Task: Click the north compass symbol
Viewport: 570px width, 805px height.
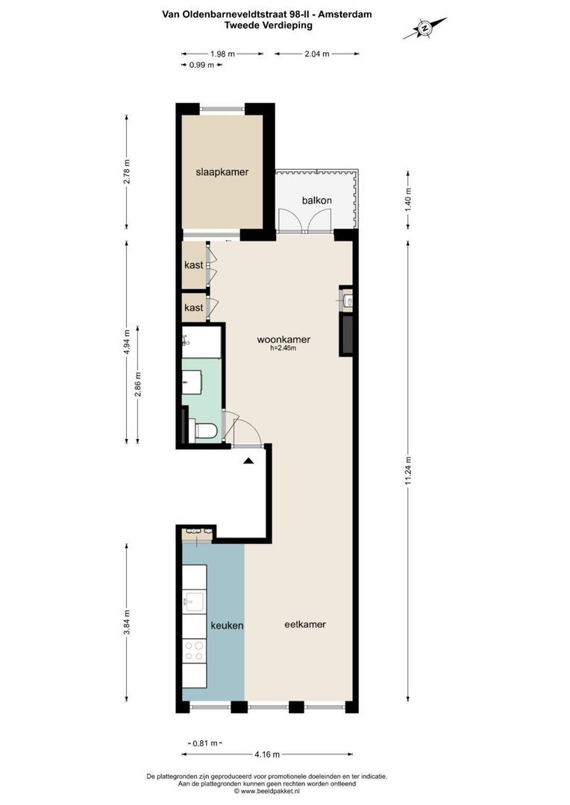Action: click(425, 28)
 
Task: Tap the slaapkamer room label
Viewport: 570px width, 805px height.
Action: click(222, 172)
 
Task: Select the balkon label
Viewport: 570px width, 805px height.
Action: click(316, 201)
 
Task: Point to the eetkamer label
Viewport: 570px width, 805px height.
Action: click(305, 625)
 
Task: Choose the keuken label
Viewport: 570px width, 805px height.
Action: click(227, 626)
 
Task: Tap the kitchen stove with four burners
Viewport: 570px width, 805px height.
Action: click(194, 651)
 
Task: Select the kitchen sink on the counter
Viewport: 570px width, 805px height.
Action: click(193, 601)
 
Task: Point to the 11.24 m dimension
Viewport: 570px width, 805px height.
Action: click(407, 471)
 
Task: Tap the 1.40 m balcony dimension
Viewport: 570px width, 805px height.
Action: click(407, 200)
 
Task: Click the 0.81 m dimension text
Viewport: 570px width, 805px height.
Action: click(204, 743)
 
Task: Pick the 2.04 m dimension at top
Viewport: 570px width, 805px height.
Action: click(317, 54)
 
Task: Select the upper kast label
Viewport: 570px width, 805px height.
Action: click(194, 265)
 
